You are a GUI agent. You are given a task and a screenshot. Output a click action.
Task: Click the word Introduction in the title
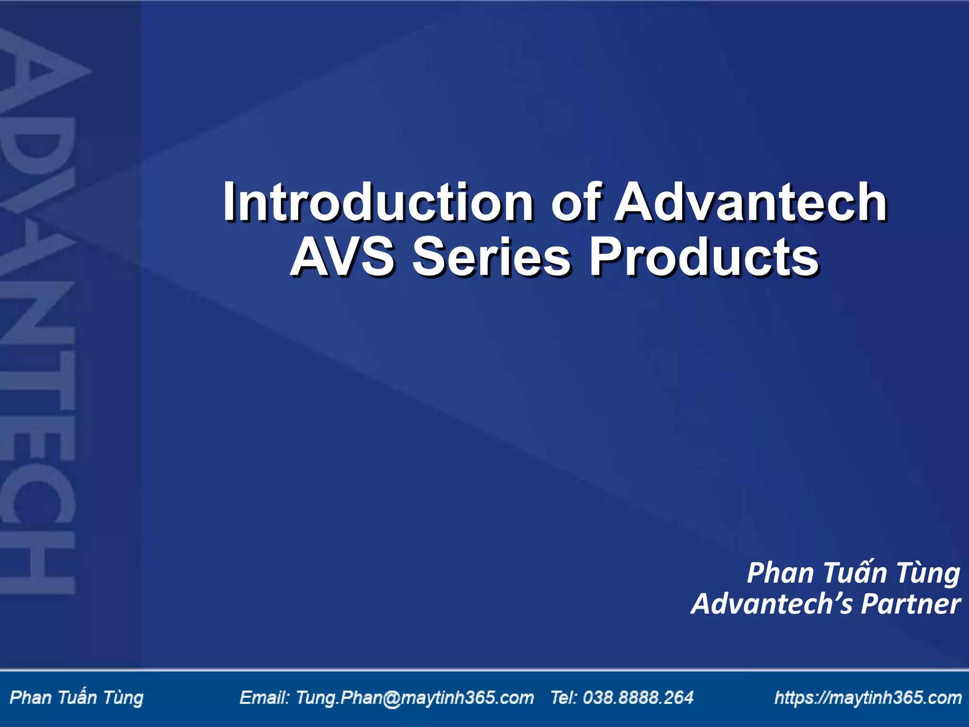coord(378,203)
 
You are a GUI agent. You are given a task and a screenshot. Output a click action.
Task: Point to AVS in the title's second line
coord(342,258)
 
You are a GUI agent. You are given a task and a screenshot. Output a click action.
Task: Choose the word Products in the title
coord(704,258)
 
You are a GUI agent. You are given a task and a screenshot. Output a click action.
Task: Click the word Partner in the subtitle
coord(910,604)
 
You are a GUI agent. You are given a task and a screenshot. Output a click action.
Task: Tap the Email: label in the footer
coord(264,698)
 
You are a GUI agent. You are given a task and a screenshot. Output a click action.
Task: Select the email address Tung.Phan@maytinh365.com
coord(414,698)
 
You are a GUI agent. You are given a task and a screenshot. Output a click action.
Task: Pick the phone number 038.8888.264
coord(638,698)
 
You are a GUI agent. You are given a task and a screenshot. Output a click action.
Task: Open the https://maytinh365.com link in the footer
coord(868,698)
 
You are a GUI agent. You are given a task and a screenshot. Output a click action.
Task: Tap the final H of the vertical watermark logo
coord(38,563)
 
